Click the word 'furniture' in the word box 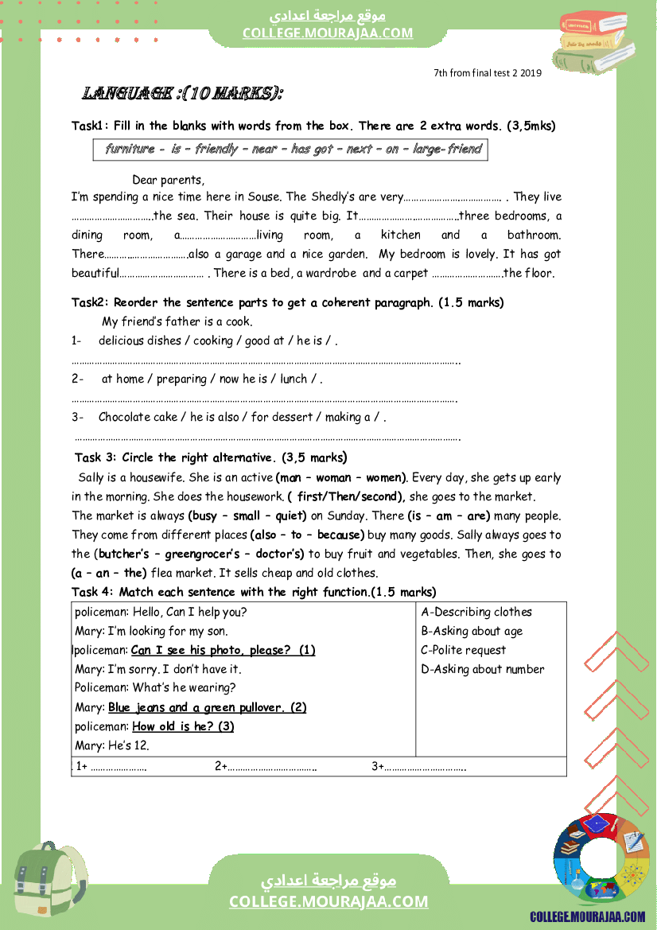(x=130, y=149)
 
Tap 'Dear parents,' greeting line (x=168, y=180)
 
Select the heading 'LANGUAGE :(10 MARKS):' (x=183, y=94)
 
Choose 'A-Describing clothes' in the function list (x=476, y=612)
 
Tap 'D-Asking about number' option (x=483, y=669)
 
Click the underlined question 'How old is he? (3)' (x=183, y=726)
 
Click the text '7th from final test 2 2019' (x=488, y=73)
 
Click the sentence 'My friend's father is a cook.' (x=177, y=321)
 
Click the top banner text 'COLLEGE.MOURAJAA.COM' (x=328, y=33)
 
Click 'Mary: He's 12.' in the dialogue (x=112, y=745)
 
